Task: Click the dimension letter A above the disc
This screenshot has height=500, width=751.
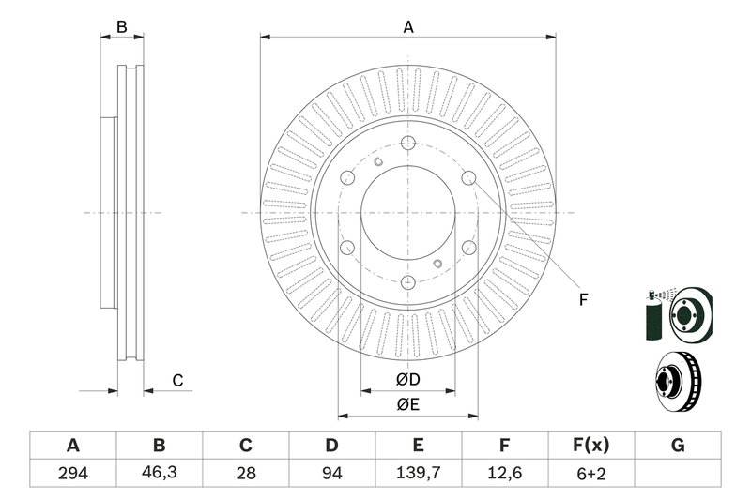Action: coord(408,27)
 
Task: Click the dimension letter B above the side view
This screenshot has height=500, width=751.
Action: coord(121,27)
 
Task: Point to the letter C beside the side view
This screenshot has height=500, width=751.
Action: coord(176,380)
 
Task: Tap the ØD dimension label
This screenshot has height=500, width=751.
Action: coord(406,379)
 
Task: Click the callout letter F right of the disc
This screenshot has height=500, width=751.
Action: coord(583,300)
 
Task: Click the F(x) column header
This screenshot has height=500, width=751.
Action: coord(590,445)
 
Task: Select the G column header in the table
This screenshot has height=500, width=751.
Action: coord(677,445)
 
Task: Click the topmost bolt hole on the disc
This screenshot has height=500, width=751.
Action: coord(406,144)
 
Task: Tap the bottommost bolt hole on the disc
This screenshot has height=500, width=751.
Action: coord(406,281)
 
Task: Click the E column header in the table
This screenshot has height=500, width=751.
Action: coord(418,445)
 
